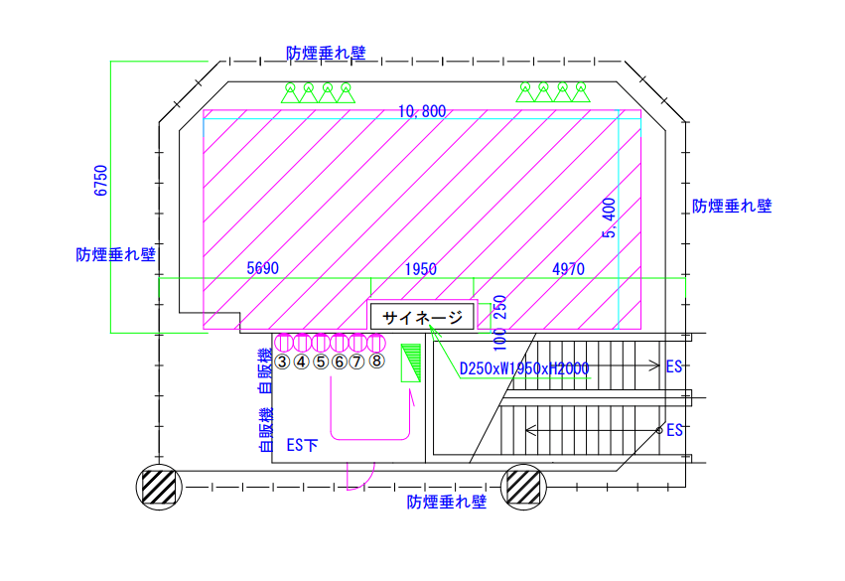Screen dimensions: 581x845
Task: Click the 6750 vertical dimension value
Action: click(100, 181)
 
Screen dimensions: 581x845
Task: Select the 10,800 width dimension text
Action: click(421, 111)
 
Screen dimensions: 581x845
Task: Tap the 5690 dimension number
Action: click(263, 269)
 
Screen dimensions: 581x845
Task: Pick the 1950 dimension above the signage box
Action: click(420, 269)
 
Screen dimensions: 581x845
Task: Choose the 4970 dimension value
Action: click(568, 269)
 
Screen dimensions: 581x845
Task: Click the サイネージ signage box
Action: click(423, 318)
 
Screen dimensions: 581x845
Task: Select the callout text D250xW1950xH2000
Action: click(524, 369)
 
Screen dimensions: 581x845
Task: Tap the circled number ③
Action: click(282, 362)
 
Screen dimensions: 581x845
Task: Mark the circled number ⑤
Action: click(320, 362)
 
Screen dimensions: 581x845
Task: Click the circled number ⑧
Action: click(376, 362)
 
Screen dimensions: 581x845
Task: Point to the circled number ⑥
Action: click(339, 362)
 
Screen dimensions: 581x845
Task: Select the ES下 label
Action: click(302, 445)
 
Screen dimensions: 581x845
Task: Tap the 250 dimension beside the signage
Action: click(499, 307)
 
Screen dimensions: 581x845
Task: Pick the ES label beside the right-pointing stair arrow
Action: click(674, 366)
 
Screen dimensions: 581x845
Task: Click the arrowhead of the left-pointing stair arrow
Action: click(528, 430)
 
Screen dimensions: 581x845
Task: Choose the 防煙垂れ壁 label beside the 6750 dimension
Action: click(116, 254)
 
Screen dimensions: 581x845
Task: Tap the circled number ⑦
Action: click(357, 362)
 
